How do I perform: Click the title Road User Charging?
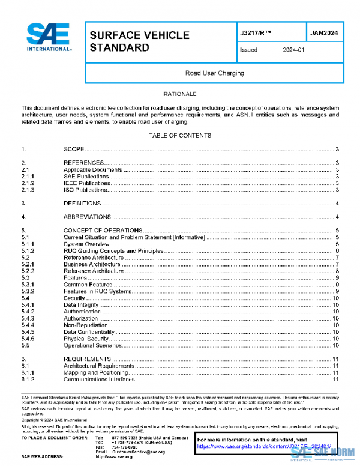click(x=214, y=73)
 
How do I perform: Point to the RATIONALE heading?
click(x=180, y=95)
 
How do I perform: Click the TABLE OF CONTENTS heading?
click(x=180, y=135)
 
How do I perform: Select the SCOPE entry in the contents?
click(x=73, y=149)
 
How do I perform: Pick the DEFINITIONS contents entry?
click(x=82, y=204)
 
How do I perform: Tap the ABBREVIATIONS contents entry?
click(x=87, y=217)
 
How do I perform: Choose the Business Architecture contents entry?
click(x=92, y=264)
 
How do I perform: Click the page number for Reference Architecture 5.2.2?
click(x=338, y=271)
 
